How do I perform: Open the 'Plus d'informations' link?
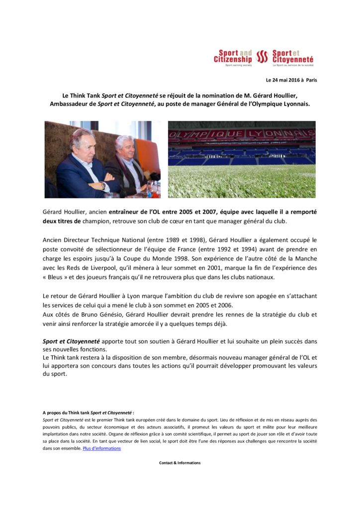coord(101,448)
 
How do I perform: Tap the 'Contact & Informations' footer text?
coord(180,463)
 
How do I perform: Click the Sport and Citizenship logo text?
coord(233,57)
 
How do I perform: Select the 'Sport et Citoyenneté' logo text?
coord(292,57)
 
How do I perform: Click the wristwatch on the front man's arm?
coord(102,185)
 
